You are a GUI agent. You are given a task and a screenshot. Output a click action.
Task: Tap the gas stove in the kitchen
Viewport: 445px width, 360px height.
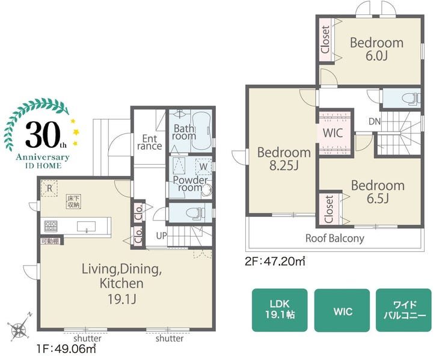pos(51,226)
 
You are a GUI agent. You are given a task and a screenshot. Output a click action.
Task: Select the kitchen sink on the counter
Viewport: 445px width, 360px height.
pos(86,227)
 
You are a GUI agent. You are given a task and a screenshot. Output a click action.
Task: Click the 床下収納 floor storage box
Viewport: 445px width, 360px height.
pos(73,201)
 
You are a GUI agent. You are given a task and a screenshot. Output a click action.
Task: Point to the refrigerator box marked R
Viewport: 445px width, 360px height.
pos(49,188)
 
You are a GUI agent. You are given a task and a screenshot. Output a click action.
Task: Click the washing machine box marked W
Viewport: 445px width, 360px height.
pos(203,166)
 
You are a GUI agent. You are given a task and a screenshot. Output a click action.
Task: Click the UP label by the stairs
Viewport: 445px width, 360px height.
pos(161,236)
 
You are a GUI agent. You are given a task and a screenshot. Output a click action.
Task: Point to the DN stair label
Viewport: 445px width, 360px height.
pos(374,121)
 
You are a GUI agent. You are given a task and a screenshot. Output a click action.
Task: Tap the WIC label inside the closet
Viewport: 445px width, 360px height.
pos(333,133)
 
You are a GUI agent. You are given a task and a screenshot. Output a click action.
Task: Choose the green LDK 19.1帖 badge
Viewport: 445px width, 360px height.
pos(280,310)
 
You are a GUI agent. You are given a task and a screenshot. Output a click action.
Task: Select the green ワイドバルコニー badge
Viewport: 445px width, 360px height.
pos(404,310)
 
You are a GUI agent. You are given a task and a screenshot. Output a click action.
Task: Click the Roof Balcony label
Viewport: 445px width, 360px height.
pos(334,239)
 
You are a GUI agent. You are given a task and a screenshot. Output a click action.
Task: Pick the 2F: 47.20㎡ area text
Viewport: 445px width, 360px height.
pos(275,261)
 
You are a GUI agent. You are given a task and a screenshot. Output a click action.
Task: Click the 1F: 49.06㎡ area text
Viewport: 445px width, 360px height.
pos(66,349)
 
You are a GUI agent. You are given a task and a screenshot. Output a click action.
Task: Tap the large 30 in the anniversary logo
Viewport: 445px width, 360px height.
pos(42,135)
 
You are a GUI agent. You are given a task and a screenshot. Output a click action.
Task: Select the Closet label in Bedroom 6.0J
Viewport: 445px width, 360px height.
pos(325,40)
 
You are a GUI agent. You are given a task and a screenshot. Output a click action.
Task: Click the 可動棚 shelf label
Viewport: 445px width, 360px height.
pos(50,242)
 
